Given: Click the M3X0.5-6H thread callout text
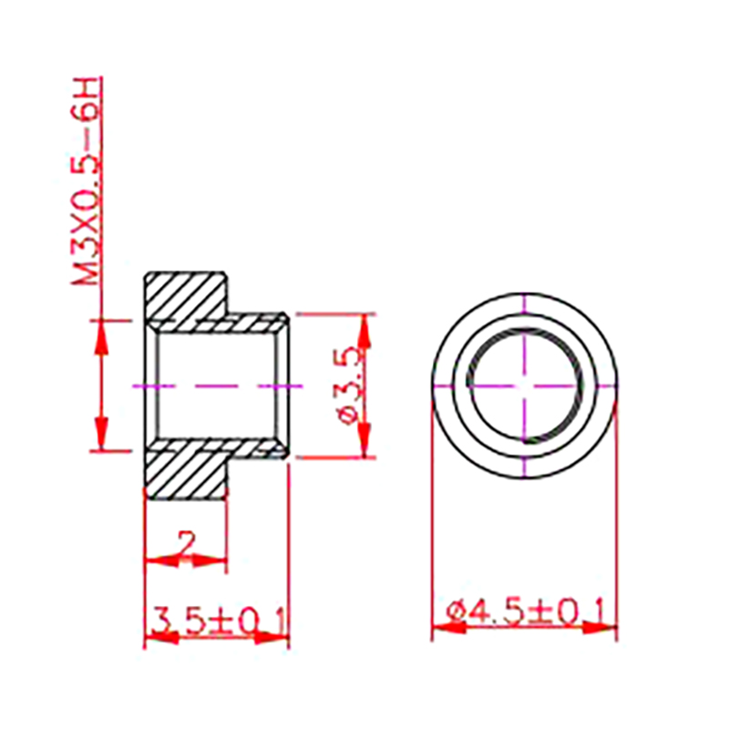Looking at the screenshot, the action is click(85, 181).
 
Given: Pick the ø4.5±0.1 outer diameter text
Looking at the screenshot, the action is click(526, 611).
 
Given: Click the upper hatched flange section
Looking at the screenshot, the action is click(186, 297).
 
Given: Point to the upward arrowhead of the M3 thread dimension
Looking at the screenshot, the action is click(101, 338).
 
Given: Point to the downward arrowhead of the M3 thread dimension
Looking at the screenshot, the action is click(101, 433).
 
